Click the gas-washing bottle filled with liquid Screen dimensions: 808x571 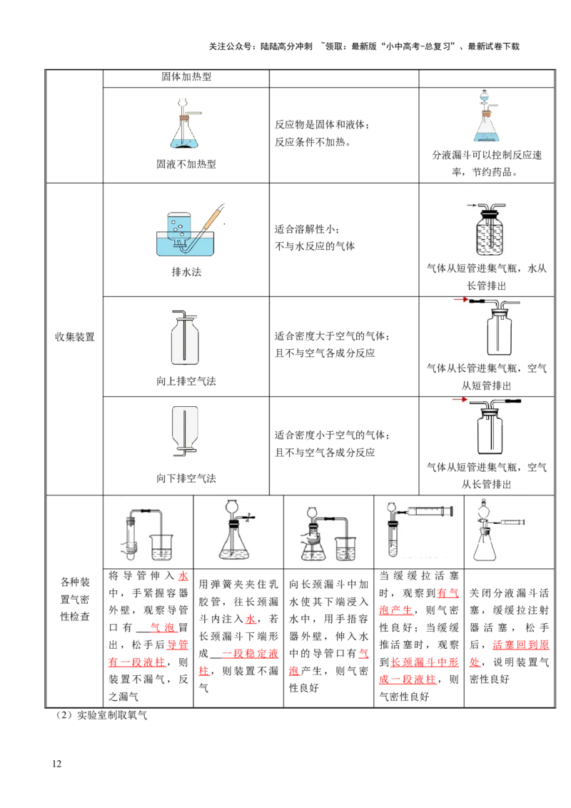click(x=485, y=227)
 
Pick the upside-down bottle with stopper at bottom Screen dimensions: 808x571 click(x=185, y=430)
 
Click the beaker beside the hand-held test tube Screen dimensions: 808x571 click(x=165, y=546)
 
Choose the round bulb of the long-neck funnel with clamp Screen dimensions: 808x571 click(x=231, y=507)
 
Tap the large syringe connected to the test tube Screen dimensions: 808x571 click(x=429, y=511)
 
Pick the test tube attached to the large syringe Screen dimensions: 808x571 click(x=390, y=539)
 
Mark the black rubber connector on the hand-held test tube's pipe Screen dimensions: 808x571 click(x=145, y=512)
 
